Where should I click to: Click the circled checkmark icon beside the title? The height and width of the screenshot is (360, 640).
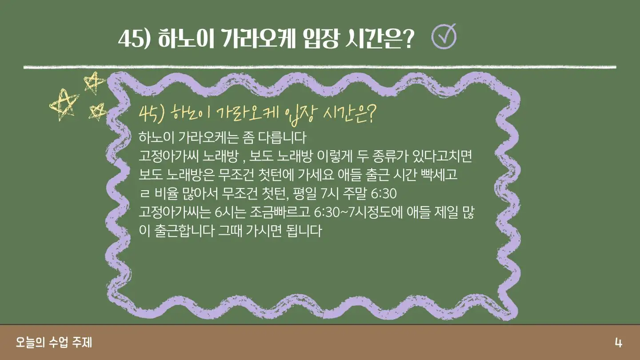tap(444, 36)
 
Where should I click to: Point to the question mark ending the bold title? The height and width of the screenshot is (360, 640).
tap(407, 39)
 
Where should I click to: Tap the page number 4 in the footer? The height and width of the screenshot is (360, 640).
tap(618, 343)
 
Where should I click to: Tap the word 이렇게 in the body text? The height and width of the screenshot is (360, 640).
tap(334, 156)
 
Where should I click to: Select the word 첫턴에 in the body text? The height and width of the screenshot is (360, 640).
tap(276, 175)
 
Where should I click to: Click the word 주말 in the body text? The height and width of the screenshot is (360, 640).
tap(355, 194)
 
